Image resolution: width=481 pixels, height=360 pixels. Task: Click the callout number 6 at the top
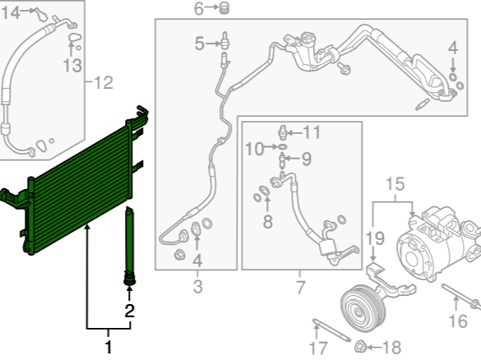pos(198,8)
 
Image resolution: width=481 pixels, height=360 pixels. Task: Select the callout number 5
pos(199,44)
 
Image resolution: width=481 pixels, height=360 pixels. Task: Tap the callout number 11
pos(312,132)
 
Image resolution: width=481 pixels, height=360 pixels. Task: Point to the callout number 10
pos(255,150)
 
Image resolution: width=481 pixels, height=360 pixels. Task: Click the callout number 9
pos(307,159)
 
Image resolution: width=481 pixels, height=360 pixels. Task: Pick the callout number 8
pos(268,221)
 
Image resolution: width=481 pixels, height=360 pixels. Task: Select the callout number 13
pos(72,65)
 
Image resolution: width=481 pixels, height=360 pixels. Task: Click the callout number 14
pos(11,13)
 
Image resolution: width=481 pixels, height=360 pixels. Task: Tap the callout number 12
pos(104,82)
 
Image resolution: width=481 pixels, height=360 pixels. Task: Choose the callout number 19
pos(375,238)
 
